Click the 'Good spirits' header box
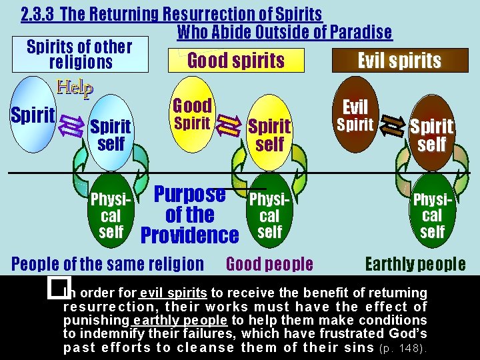tap(236, 61)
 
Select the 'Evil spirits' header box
tap(399, 61)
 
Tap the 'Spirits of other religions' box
tap(80, 55)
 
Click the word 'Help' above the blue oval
tap(75, 87)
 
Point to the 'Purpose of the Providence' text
tap(190, 215)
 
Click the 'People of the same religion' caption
tap(108, 264)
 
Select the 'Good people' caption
tap(269, 264)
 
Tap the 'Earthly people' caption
tap(415, 264)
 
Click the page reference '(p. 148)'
tap(403, 348)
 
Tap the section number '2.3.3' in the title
tap(37, 14)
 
